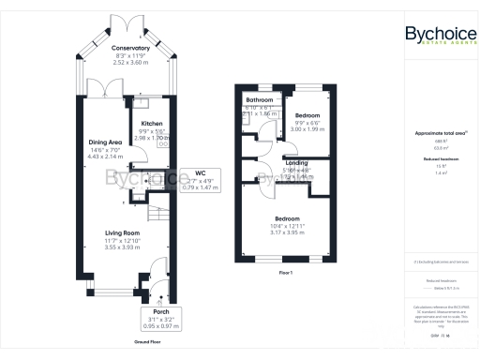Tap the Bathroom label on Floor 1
[259, 99]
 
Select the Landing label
[296, 162]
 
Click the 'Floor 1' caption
[286, 272]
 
